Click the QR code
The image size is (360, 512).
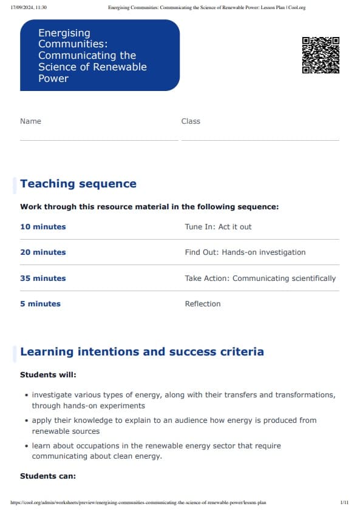coord(321,55)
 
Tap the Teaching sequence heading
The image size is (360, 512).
coord(78,184)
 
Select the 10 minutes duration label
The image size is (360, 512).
coord(43,227)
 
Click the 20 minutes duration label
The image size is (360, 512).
coord(43,252)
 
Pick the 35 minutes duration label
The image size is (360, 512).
coord(43,278)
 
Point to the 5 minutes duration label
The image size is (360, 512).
coord(40,304)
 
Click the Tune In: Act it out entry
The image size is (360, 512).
coord(218,227)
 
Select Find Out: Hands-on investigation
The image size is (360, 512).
coord(245,252)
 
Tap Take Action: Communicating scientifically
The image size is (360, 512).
coord(260,278)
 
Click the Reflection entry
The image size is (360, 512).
coord(203,304)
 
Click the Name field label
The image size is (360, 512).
coord(30,121)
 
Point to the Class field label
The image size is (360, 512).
coord(191,121)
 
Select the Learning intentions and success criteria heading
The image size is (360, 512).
coord(142,352)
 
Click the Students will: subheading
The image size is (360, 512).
coord(49,375)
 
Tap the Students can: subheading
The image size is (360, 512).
coord(48,476)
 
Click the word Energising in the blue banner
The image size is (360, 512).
coord(64,33)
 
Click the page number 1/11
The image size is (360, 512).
coord(344,503)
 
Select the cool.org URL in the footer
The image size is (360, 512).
coord(138,503)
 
